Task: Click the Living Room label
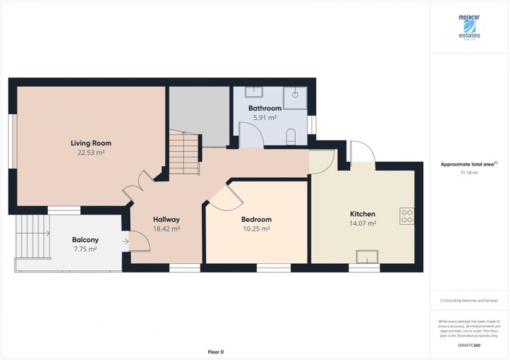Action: coord(90,143)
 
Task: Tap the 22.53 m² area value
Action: coord(90,153)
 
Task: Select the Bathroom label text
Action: coord(265,108)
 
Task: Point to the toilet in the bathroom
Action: coord(291,136)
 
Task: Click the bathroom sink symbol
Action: coord(255,93)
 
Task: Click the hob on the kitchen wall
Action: coord(407,215)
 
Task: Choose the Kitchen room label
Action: coord(362,215)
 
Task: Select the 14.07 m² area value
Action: coord(362,224)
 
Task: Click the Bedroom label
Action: coord(256,220)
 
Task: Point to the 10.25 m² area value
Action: coord(256,228)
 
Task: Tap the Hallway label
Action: coord(166,220)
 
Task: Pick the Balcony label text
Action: coord(85,240)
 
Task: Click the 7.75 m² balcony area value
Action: coord(85,249)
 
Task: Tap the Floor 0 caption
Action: coord(215,351)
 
